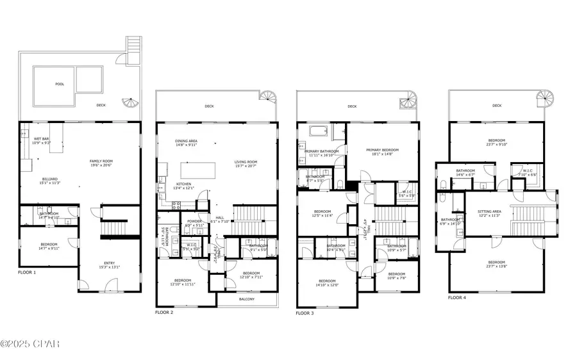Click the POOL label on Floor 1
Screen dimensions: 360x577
60,84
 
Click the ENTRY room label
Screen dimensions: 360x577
106,264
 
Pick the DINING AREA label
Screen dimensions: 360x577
186,143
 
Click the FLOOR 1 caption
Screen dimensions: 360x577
27,273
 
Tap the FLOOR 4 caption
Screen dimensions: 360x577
457,298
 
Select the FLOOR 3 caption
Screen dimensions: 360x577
306,313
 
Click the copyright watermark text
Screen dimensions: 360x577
30,345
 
